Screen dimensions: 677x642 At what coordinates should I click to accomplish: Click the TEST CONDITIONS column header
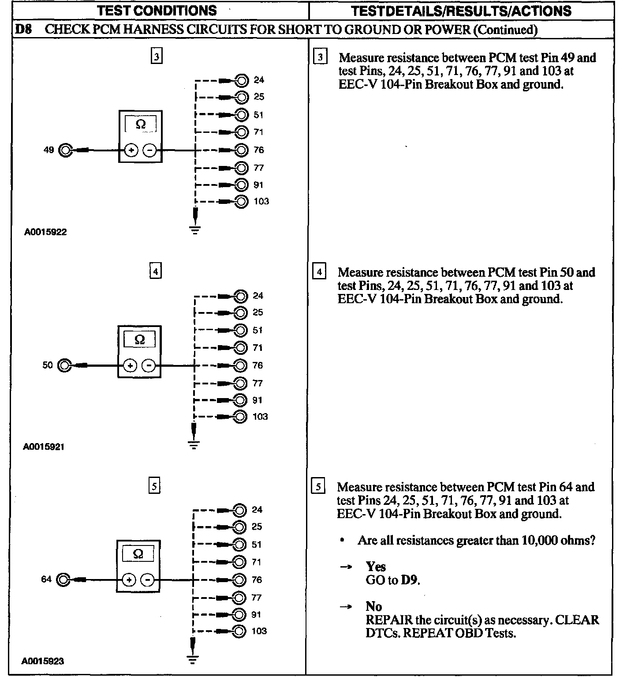point(157,11)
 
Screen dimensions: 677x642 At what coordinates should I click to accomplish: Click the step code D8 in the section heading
point(23,30)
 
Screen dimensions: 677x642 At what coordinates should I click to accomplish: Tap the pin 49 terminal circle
point(65,150)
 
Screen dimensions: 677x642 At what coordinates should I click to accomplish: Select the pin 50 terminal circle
point(64,365)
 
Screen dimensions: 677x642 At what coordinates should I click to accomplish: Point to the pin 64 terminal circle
point(63,579)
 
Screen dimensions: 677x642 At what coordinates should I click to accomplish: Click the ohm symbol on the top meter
point(141,124)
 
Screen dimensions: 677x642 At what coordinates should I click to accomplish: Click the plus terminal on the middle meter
point(130,365)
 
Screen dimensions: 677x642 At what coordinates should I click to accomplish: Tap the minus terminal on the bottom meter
point(148,579)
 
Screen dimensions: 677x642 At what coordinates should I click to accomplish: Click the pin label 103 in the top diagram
point(261,202)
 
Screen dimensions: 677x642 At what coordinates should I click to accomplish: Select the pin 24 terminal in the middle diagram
point(240,295)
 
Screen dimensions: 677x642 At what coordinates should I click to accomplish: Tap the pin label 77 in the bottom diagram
point(256,598)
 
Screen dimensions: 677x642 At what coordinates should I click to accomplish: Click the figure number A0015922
point(45,232)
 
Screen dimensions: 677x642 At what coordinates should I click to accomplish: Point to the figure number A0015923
point(43,661)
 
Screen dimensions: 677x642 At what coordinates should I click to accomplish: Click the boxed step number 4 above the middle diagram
point(156,271)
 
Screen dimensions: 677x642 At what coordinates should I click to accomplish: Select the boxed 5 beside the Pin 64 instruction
point(318,487)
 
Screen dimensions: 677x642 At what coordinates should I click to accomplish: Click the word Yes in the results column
point(376,567)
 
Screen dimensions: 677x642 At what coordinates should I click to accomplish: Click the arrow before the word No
point(346,607)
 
